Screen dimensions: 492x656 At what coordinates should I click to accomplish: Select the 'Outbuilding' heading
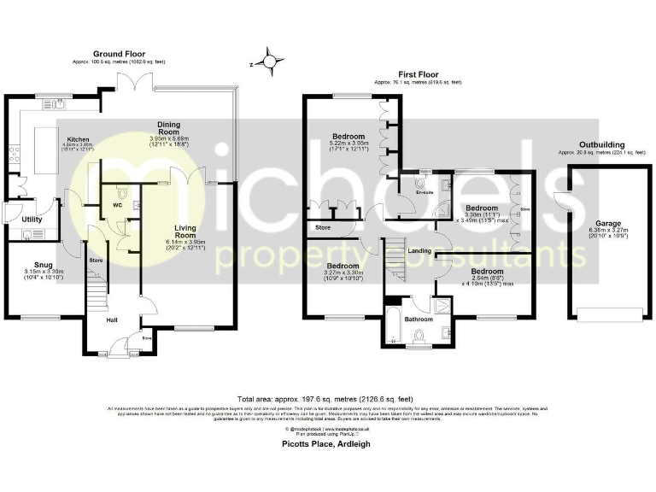pos(601,145)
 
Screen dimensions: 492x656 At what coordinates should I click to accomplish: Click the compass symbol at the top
pos(270,61)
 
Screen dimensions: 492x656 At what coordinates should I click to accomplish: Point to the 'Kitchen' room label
pos(79,138)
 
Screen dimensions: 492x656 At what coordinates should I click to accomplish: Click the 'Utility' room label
pos(32,220)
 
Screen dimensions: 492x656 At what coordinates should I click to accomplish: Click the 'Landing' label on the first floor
pos(419,250)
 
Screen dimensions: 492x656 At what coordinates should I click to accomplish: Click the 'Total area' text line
pos(327,399)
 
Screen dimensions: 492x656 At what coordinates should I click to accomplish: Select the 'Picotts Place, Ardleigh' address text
pos(327,444)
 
